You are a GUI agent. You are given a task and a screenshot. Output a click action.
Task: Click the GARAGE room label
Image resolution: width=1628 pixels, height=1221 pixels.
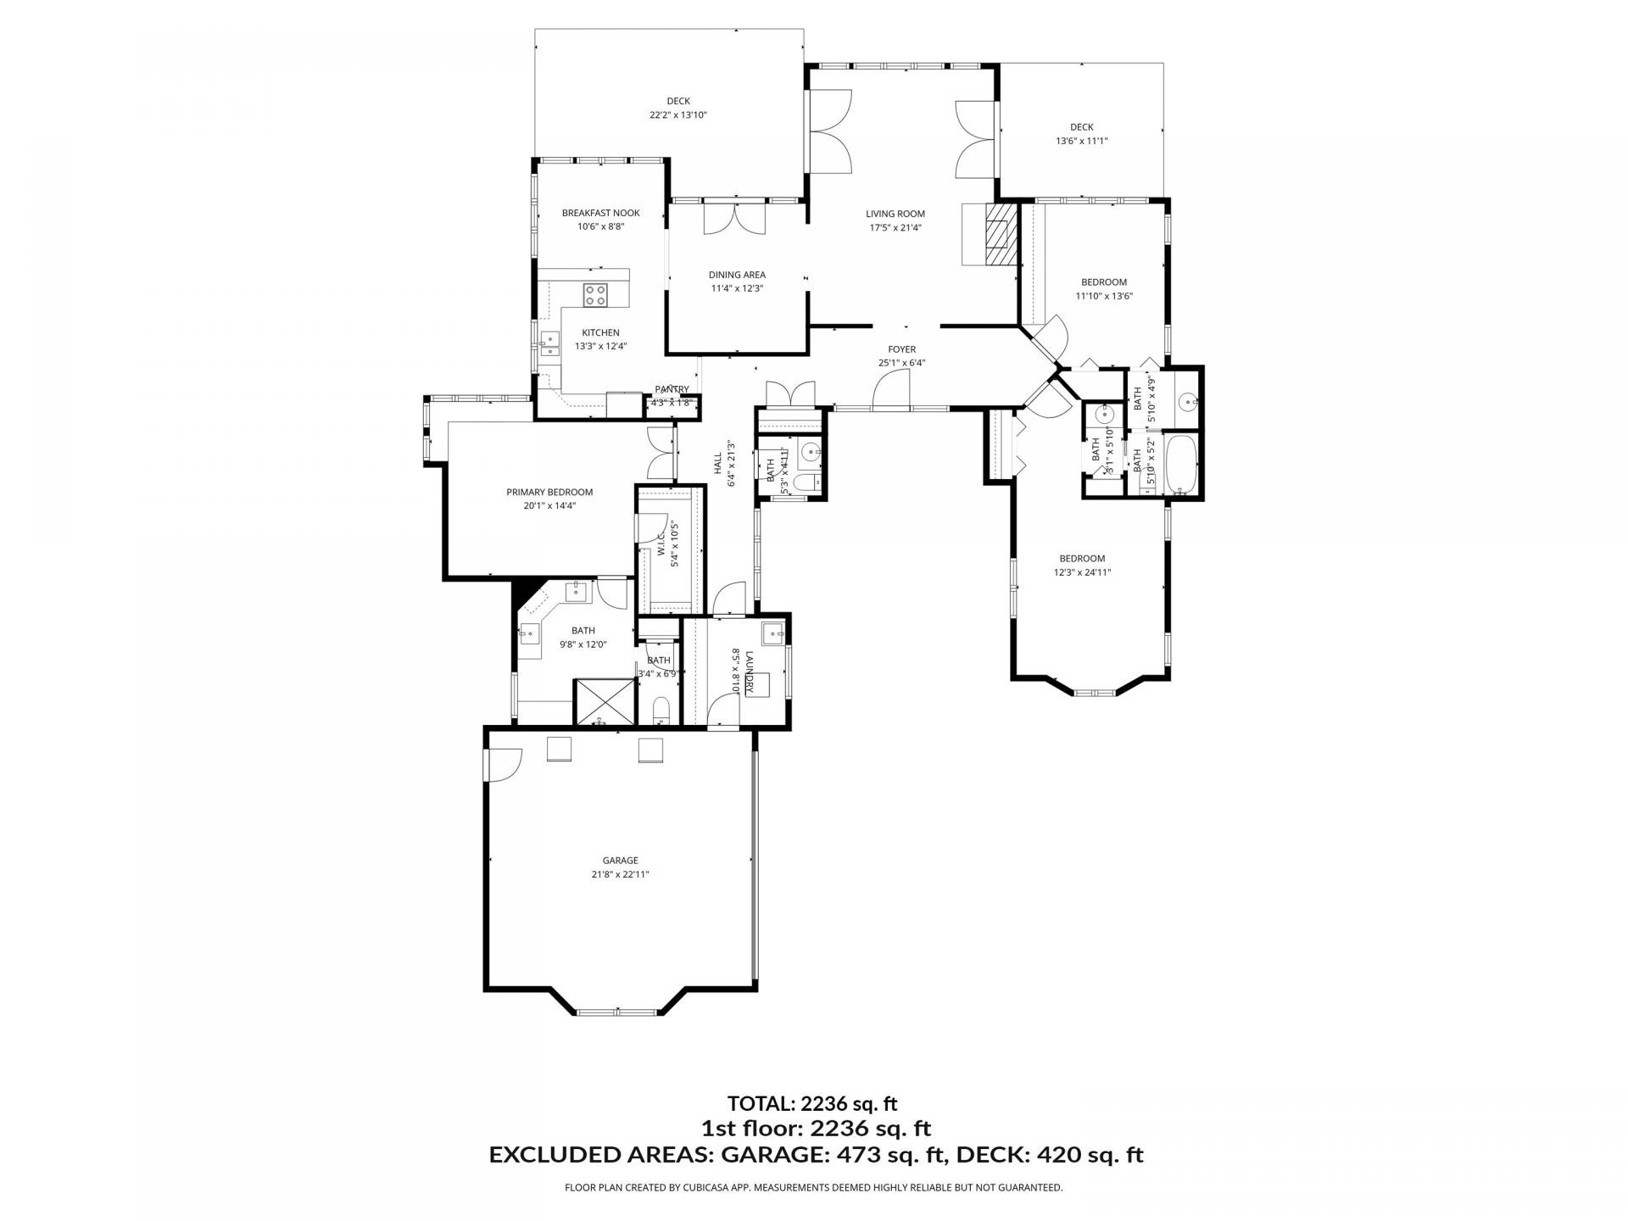(620, 860)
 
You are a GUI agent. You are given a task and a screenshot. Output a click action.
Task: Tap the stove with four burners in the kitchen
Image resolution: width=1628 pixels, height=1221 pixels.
(595, 295)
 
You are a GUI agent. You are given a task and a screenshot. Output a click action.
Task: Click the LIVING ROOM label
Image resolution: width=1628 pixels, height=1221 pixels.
(895, 214)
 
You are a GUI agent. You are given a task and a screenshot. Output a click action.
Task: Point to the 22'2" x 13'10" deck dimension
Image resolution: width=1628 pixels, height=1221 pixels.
(677, 115)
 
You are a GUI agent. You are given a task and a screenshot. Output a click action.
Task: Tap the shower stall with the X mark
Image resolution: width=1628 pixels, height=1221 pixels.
(602, 701)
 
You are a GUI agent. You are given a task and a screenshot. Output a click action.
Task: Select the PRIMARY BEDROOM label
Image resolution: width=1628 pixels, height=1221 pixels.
(549, 492)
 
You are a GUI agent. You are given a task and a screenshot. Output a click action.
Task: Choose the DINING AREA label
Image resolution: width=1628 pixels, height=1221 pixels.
(737, 275)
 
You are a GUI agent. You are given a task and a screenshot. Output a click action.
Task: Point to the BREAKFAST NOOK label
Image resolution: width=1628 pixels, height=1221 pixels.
(600, 213)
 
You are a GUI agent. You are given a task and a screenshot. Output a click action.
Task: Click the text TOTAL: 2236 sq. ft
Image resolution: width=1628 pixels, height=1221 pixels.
(811, 1103)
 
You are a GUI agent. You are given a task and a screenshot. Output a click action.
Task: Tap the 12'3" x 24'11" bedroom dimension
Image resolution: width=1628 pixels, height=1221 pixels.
(1082, 572)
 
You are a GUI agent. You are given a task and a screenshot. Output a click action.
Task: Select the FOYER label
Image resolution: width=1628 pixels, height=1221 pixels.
(901, 349)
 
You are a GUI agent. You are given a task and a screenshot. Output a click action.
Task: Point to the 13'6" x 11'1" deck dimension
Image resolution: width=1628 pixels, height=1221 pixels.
(1081, 142)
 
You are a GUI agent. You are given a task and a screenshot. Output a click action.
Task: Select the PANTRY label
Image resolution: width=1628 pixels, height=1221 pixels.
(672, 389)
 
